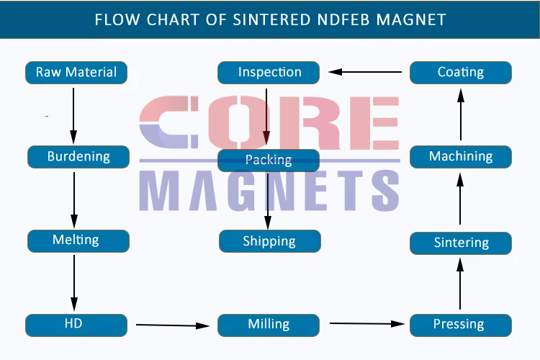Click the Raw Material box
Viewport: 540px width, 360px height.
pyautogui.click(x=76, y=73)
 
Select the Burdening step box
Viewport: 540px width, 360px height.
pyautogui.click(x=78, y=157)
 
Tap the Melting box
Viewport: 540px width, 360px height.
pyautogui.click(x=78, y=241)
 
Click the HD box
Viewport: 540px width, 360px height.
pyautogui.click(x=76, y=325)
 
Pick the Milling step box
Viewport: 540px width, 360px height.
pyautogui.click(x=269, y=325)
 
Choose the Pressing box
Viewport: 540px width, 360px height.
pyautogui.click(x=461, y=325)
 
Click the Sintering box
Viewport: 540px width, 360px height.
pyautogui.click(x=461, y=243)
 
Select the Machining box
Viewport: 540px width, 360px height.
pyautogui.click(x=461, y=157)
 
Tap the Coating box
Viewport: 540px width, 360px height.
pyautogui.click(x=461, y=73)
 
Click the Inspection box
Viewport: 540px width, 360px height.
pyautogui.click(x=269, y=73)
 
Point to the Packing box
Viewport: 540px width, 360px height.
pyautogui.click(x=269, y=161)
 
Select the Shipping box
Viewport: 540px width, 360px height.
pyautogui.click(x=270, y=241)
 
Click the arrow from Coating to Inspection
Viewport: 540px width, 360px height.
pyautogui.click(x=365, y=72)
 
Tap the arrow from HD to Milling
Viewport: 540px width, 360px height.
pyautogui.click(x=173, y=325)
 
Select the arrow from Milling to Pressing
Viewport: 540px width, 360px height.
pyautogui.click(x=367, y=323)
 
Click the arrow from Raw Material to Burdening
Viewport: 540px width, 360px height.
pyautogui.click(x=73, y=116)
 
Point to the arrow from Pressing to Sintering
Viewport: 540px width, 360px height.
pyautogui.click(x=460, y=284)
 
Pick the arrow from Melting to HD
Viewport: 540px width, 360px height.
pyautogui.click(x=74, y=283)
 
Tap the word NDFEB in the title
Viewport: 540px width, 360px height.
pyautogui.click(x=344, y=19)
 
